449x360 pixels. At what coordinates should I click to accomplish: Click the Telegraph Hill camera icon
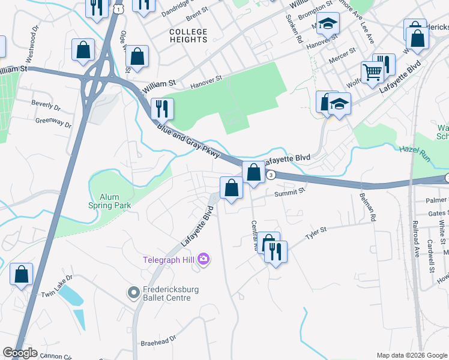(204, 259)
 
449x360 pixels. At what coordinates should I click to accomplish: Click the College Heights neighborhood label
(188, 35)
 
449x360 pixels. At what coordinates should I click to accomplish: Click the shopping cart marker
(372, 73)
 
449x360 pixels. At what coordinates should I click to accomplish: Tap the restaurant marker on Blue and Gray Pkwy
(162, 109)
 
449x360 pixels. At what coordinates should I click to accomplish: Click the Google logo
(20, 353)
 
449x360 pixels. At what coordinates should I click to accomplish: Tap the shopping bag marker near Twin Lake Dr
(22, 275)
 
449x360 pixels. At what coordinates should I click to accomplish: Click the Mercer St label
(343, 61)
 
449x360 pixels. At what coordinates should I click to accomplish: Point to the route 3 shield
(271, 175)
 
